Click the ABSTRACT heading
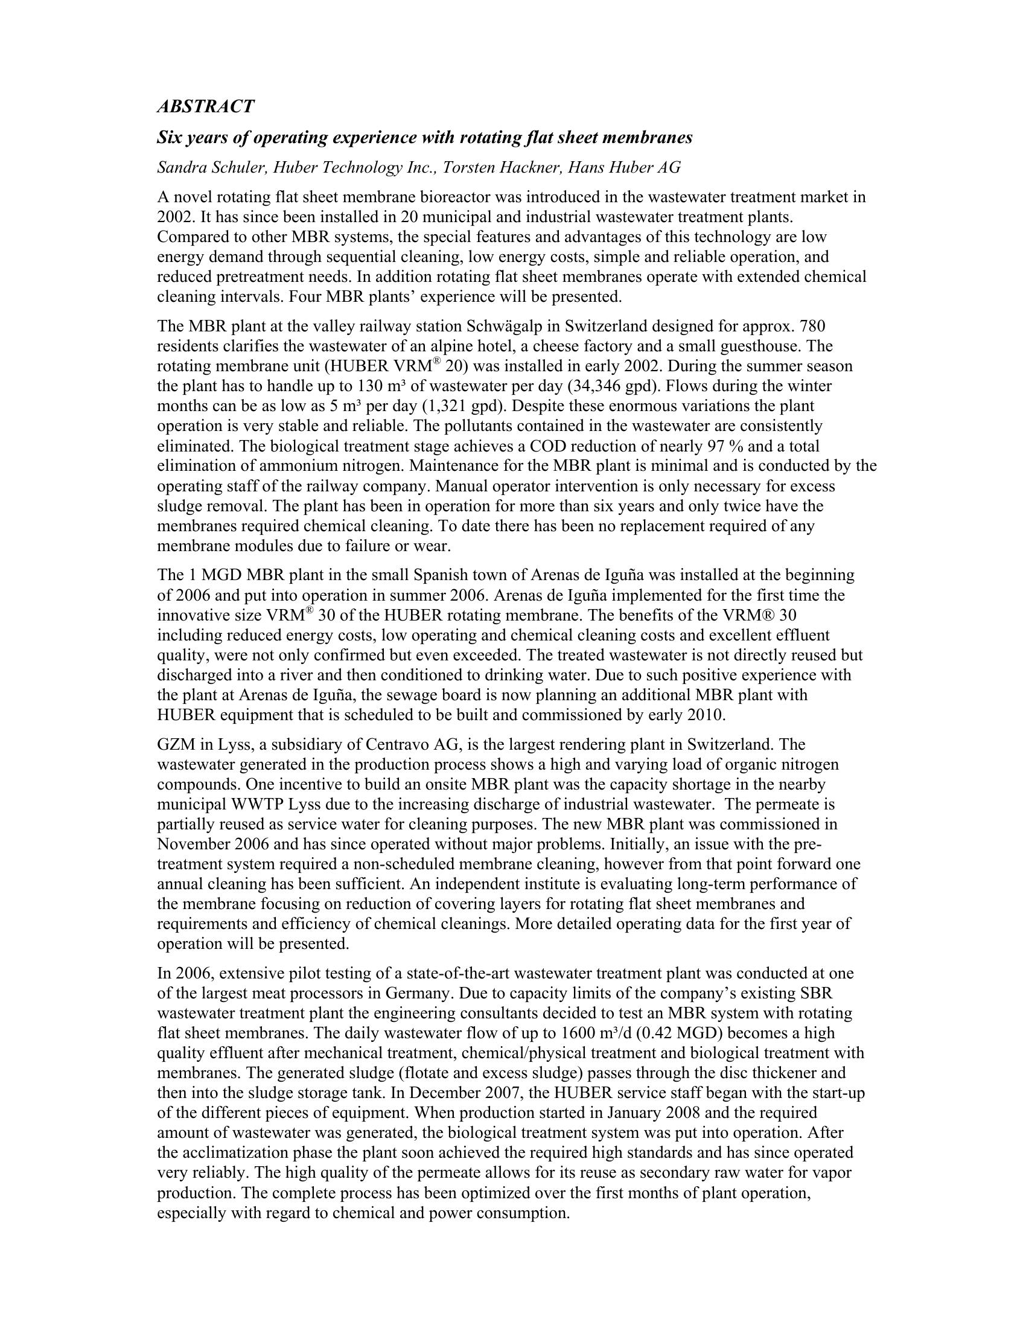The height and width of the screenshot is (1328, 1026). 205,106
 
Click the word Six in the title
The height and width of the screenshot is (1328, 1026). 170,138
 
